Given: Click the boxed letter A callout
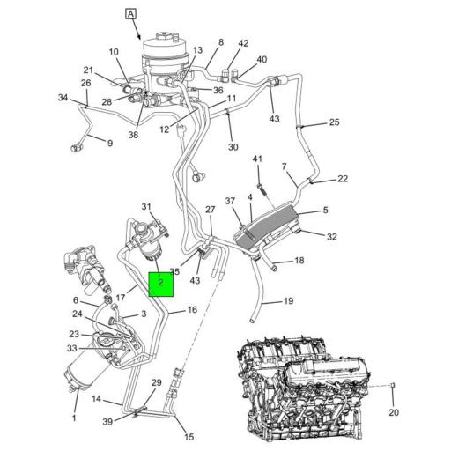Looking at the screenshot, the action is click(130, 14).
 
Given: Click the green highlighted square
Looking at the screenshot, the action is click(161, 285).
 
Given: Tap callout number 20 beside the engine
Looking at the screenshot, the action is click(394, 412).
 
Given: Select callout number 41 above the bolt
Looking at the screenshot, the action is click(257, 159).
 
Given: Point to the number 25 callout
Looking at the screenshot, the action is click(334, 122).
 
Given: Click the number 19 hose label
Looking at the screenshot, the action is click(288, 300).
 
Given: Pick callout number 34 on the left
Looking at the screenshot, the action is click(63, 98).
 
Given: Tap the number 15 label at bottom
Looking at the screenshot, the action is click(189, 437).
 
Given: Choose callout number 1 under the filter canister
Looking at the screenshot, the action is click(74, 418).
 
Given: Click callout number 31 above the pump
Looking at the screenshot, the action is click(146, 206).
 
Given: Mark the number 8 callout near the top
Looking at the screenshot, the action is click(221, 42).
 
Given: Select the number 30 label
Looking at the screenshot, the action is click(233, 146).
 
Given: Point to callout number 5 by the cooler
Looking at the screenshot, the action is click(325, 210).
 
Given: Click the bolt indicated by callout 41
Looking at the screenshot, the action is click(261, 189).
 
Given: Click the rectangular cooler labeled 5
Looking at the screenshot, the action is click(266, 225).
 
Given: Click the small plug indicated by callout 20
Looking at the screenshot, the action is click(393, 385).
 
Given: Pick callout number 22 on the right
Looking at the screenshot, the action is click(343, 179).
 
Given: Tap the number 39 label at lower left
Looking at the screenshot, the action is click(107, 422).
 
